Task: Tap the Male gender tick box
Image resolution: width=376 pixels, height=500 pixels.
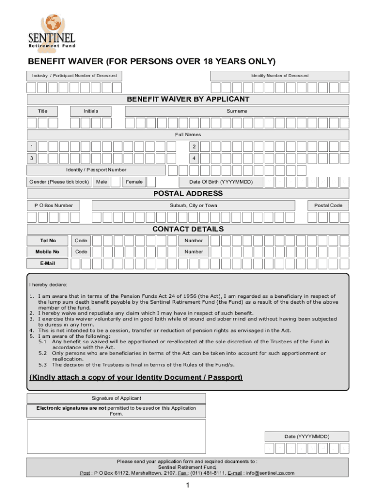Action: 116,182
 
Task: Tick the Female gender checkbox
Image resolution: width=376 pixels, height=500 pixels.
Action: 151,182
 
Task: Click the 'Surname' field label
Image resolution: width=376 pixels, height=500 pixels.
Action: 237,111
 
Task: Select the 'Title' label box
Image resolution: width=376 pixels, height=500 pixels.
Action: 43,111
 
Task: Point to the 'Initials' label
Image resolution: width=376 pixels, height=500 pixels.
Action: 91,111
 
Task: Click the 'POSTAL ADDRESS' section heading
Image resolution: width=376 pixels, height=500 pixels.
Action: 188,194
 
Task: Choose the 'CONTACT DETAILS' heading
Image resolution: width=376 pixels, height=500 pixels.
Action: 188,229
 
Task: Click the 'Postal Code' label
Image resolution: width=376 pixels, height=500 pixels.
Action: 328,206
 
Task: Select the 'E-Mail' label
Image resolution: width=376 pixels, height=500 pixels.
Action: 47,263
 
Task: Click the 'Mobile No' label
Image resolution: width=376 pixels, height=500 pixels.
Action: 47,252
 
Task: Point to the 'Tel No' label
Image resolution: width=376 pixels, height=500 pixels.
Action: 47,241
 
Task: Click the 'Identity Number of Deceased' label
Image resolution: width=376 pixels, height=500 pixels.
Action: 280,76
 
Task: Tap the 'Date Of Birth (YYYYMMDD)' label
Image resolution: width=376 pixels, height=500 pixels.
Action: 225,182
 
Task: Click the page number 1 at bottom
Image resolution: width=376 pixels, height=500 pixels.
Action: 188,485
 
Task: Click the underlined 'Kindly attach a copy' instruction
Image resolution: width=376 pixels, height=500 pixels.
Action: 136,378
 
